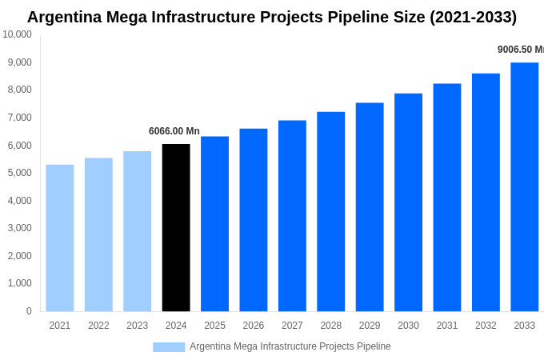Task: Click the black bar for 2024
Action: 176,228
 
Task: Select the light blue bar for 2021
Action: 60,238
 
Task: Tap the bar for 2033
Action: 524,187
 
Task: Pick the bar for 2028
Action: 330,212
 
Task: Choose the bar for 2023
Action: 137,231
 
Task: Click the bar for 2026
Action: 254,220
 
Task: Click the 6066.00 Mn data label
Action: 174,131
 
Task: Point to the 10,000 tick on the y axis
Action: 17,34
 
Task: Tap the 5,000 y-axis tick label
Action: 17,173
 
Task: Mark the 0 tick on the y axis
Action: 29,311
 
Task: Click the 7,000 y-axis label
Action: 17,118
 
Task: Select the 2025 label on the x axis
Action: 214,326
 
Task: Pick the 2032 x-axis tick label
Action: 486,326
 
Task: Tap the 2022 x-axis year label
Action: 98,326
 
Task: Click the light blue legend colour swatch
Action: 169,347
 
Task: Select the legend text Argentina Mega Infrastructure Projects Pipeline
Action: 290,346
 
